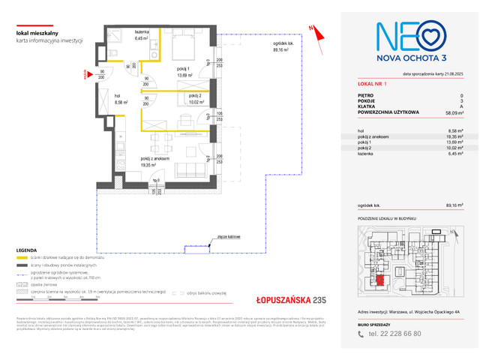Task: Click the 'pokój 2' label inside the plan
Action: (196, 97)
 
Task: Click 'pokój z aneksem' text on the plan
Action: (155, 159)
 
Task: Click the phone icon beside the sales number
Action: (362, 334)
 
